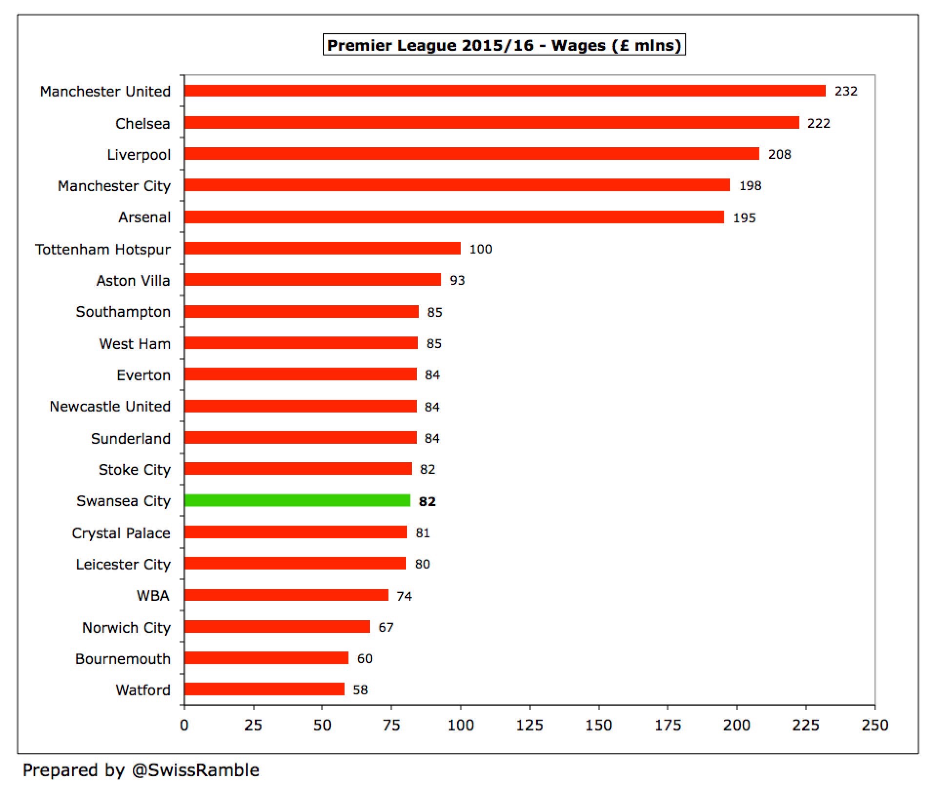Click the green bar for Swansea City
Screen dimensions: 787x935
[297, 501]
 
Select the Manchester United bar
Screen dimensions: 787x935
[505, 91]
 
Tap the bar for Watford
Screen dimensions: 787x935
[264, 689]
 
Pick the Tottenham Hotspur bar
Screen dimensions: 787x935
[322, 249]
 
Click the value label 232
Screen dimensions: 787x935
[846, 91]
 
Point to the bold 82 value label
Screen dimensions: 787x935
[427, 502]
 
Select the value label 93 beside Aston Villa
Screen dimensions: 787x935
[457, 280]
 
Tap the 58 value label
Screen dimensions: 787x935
[360, 690]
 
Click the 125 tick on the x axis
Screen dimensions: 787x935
[529, 725]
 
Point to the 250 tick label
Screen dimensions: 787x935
[874, 725]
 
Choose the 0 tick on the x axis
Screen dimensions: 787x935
[184, 725]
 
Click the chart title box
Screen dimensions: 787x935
[504, 45]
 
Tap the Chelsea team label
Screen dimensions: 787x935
[142, 123]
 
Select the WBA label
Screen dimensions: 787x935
[153, 596]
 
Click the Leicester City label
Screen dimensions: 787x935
[123, 564]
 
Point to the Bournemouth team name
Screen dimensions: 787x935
[122, 659]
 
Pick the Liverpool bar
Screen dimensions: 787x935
[471, 154]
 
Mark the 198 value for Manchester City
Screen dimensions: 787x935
[750, 186]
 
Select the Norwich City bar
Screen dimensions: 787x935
[277, 627]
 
